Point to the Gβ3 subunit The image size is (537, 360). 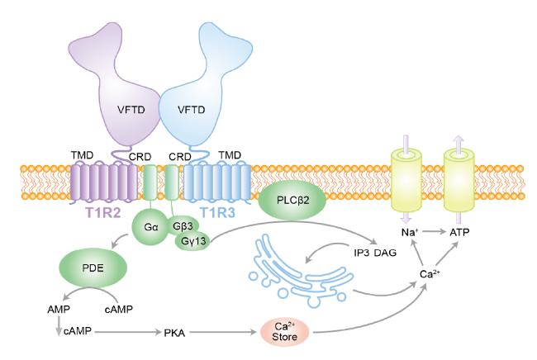(183, 225)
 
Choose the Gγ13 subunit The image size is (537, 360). (192, 241)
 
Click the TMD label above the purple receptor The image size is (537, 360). (81, 154)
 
